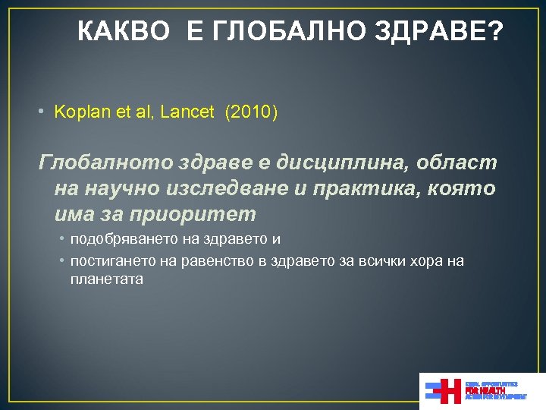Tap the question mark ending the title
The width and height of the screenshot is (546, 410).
tap(494, 32)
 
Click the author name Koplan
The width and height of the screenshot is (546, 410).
tap(80, 112)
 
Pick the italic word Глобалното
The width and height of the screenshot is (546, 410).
tap(106, 162)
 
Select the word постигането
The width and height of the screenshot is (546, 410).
tap(110, 261)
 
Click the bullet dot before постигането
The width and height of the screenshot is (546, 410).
tap(62, 261)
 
